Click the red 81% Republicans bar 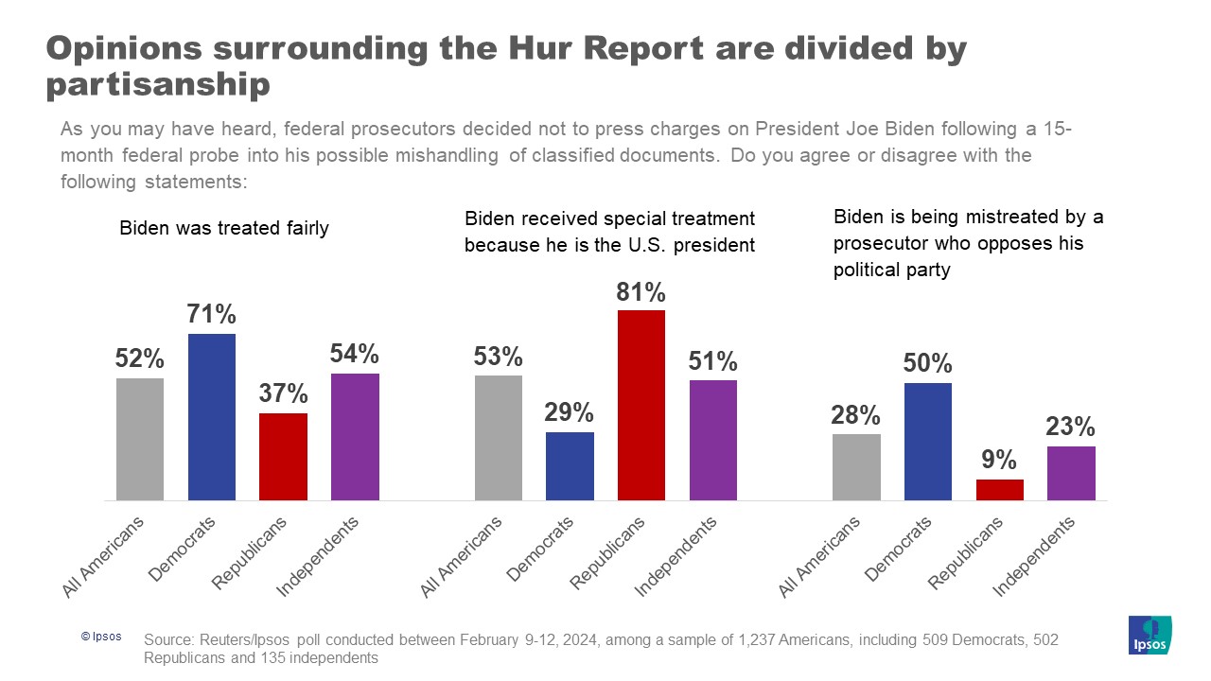(641, 405)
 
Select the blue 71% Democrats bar (212, 416)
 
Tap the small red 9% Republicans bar (1000, 490)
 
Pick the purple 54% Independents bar (355, 436)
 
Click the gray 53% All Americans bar (499, 437)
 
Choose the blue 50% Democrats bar (928, 441)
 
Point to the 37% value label (283, 393)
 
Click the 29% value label (570, 412)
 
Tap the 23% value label (1071, 427)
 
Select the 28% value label (856, 414)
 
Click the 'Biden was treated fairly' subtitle (224, 229)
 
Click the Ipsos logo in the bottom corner (1150, 635)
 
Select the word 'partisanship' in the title (158, 85)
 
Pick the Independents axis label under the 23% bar (1035, 558)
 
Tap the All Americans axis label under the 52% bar (104, 558)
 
